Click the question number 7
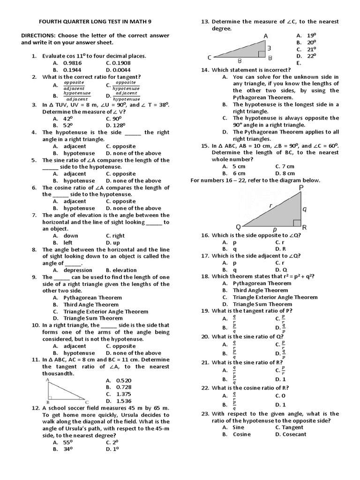tap(34, 215)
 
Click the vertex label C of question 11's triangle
tap(86, 402)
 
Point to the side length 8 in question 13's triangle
tap(240, 60)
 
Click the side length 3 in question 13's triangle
tap(269, 48)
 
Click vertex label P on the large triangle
tap(300, 187)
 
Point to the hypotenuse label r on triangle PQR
tap(270, 205)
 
